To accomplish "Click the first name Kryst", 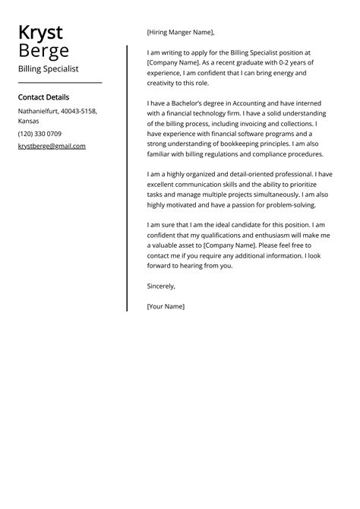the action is pyautogui.click(x=40, y=33).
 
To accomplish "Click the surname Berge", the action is pyautogui.click(x=43, y=51).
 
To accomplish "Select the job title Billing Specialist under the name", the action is pyautogui.click(x=48, y=68).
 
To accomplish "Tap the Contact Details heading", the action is pyautogui.click(x=43, y=97).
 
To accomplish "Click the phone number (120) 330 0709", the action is pyautogui.click(x=39, y=134).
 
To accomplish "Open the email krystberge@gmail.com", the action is pyautogui.click(x=52, y=146).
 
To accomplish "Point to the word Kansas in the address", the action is pyautogui.click(x=29, y=120).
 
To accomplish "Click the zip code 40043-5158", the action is pyautogui.click(x=79, y=111).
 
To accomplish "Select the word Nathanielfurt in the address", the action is pyautogui.click(x=39, y=111).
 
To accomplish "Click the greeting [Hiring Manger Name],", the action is pyautogui.click(x=181, y=32).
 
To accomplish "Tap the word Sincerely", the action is pyautogui.click(x=161, y=286).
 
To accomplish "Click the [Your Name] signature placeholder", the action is pyautogui.click(x=166, y=306).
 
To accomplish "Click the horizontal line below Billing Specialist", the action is pyautogui.click(x=59, y=82).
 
